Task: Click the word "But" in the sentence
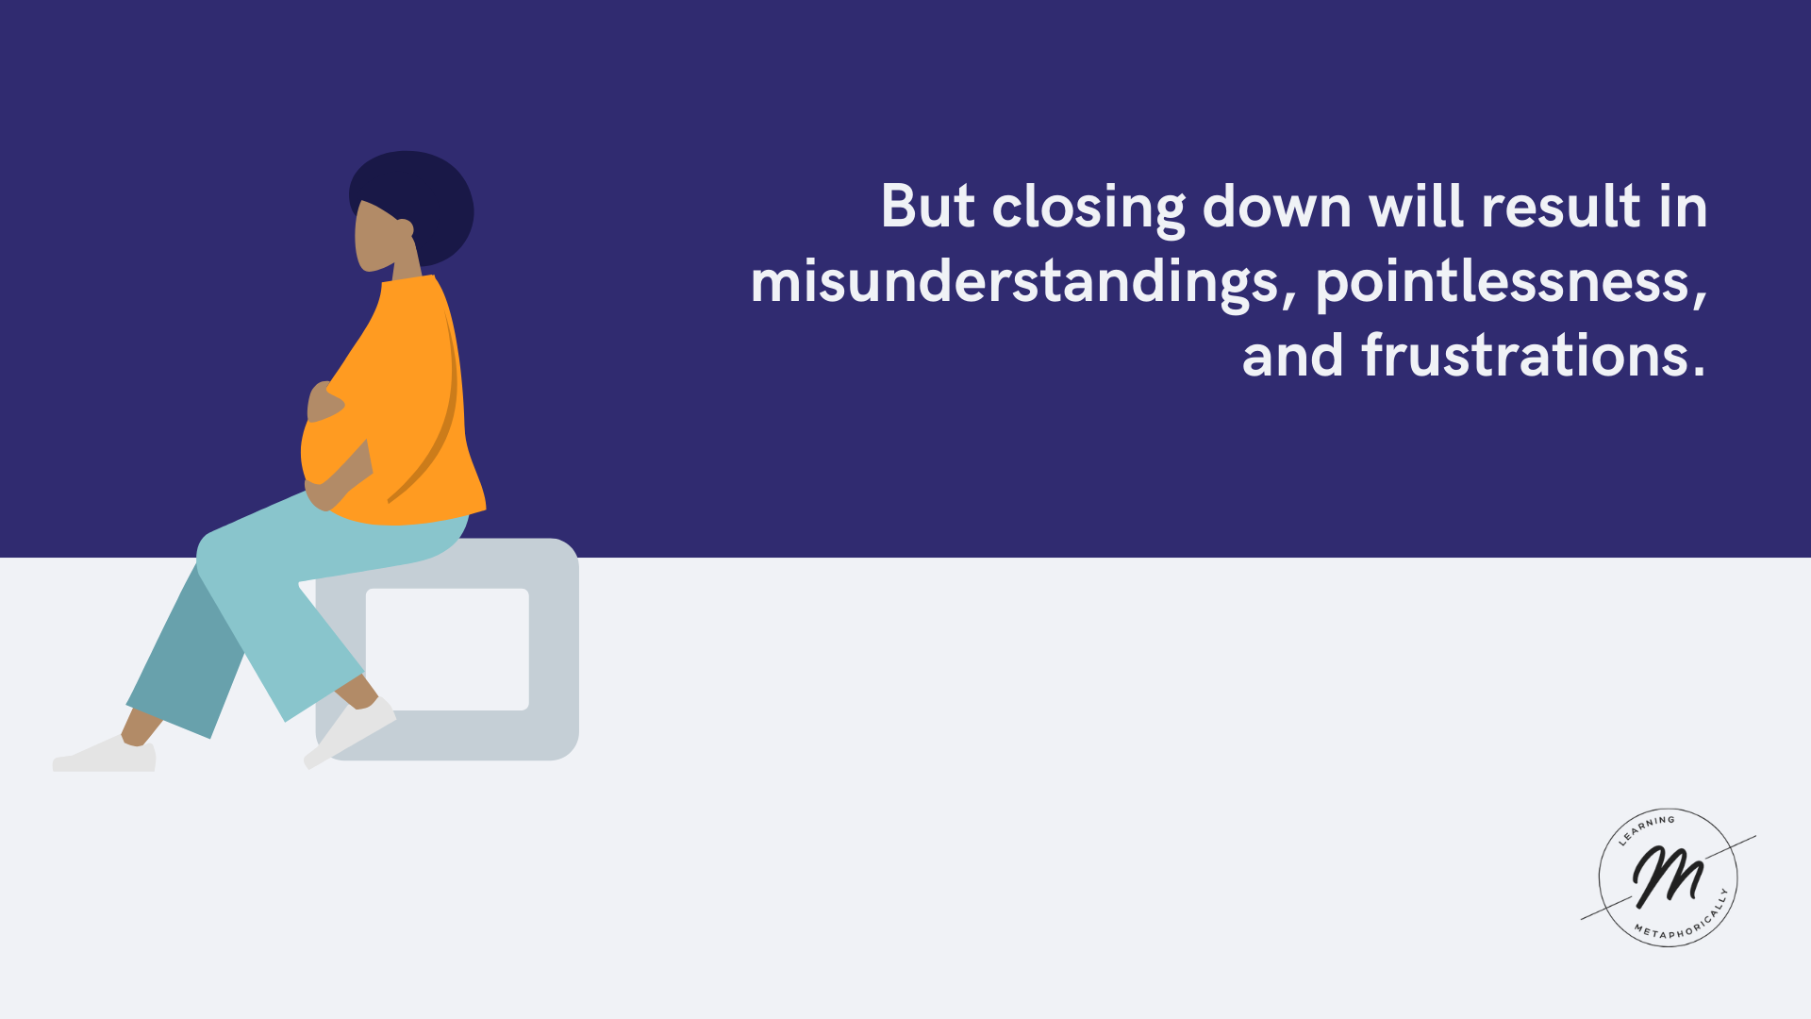[927, 206]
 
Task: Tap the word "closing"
[1088, 209]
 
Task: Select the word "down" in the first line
[1277, 206]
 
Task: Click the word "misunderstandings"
[1015, 283]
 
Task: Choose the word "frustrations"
[1534, 356]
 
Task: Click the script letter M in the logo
[1668, 876]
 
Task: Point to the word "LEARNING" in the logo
[1646, 827]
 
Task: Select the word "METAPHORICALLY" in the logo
[1685, 919]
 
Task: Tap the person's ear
[404, 228]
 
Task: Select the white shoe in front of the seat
[350, 732]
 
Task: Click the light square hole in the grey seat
[447, 649]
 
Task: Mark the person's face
[374, 237]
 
